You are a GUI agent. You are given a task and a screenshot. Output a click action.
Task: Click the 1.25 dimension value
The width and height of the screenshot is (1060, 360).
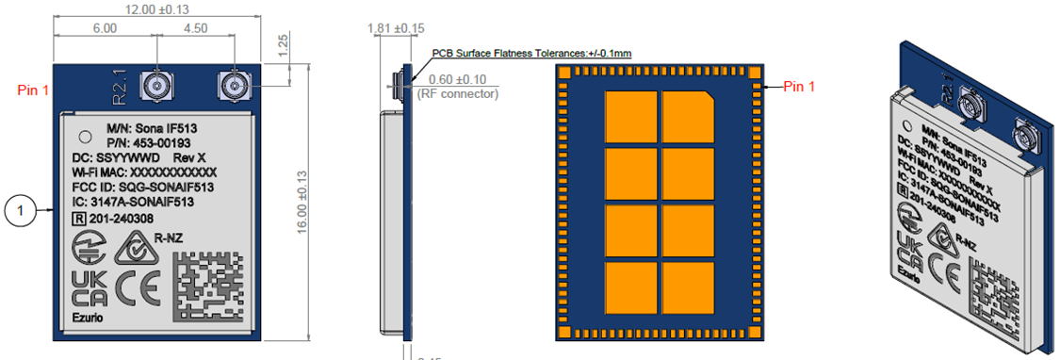pyautogui.click(x=284, y=43)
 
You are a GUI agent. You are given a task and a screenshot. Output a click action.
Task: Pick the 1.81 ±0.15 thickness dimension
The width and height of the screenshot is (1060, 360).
pyautogui.click(x=395, y=28)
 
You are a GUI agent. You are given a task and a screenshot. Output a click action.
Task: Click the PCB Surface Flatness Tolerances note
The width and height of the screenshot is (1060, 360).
pyautogui.click(x=531, y=53)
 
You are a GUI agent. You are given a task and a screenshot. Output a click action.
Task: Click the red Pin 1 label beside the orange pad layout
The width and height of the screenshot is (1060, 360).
pyautogui.click(x=807, y=86)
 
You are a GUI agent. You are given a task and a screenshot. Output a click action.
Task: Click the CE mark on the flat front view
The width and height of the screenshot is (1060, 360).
pyautogui.click(x=138, y=288)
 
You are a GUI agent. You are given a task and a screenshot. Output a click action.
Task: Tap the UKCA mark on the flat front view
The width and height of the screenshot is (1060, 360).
pyautogui.click(x=89, y=288)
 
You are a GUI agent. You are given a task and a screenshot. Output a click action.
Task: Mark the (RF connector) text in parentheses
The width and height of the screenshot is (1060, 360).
pyautogui.click(x=460, y=93)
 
